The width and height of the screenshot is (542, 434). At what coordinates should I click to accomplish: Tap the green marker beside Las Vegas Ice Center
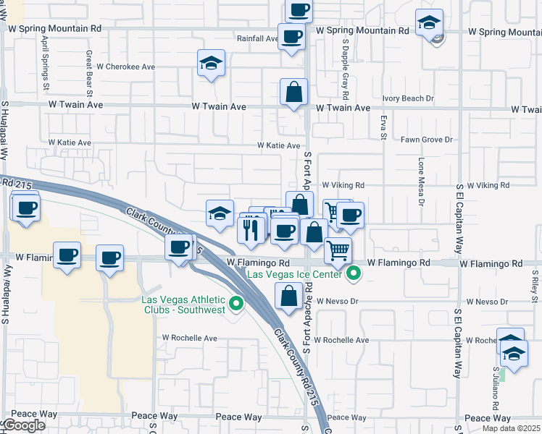[x=354, y=273]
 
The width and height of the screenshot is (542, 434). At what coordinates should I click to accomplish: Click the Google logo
[x=24, y=425]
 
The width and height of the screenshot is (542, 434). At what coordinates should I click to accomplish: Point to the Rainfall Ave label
[x=257, y=39]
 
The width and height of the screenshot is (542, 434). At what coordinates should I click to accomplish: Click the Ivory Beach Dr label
[x=408, y=98]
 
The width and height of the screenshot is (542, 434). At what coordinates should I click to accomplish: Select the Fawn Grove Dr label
[x=428, y=140]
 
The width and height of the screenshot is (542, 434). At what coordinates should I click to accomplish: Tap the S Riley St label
[x=534, y=284]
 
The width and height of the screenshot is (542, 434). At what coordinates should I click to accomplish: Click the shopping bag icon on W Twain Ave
[x=293, y=92]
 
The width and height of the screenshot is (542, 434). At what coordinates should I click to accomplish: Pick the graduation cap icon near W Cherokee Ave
[x=211, y=63]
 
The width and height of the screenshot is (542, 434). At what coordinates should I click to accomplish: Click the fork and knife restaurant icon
[x=250, y=230]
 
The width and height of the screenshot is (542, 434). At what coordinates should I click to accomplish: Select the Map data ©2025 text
[x=512, y=428]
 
